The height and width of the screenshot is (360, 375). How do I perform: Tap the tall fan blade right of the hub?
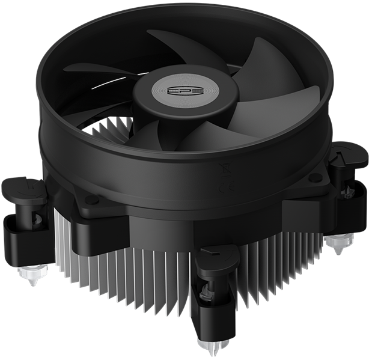[261, 72]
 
